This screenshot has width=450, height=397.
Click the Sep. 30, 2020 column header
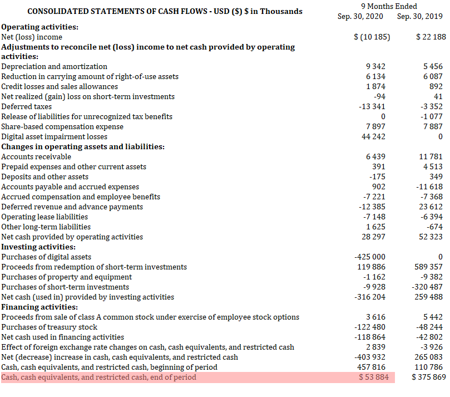coord(360,16)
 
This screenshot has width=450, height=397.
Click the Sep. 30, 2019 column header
coord(420,16)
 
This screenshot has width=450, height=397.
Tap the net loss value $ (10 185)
coord(372,37)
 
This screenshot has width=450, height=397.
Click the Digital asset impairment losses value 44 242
coord(374,136)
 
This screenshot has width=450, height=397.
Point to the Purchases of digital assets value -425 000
coord(370,257)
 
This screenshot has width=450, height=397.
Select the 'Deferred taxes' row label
coord(27,106)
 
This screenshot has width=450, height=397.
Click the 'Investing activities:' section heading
coord(38,247)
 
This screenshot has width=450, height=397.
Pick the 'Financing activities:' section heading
coord(39,307)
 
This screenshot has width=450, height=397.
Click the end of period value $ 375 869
coord(428,378)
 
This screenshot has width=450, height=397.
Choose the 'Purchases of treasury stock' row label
coord(50,327)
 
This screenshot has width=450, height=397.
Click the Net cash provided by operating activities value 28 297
coord(374,237)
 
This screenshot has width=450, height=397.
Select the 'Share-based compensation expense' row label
coord(62,126)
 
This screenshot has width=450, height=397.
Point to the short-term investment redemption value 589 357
coord(428,267)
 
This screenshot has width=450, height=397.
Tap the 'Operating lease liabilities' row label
coord(44,217)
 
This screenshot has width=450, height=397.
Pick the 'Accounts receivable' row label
coord(36,156)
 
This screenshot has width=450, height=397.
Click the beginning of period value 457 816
coord(372,367)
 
